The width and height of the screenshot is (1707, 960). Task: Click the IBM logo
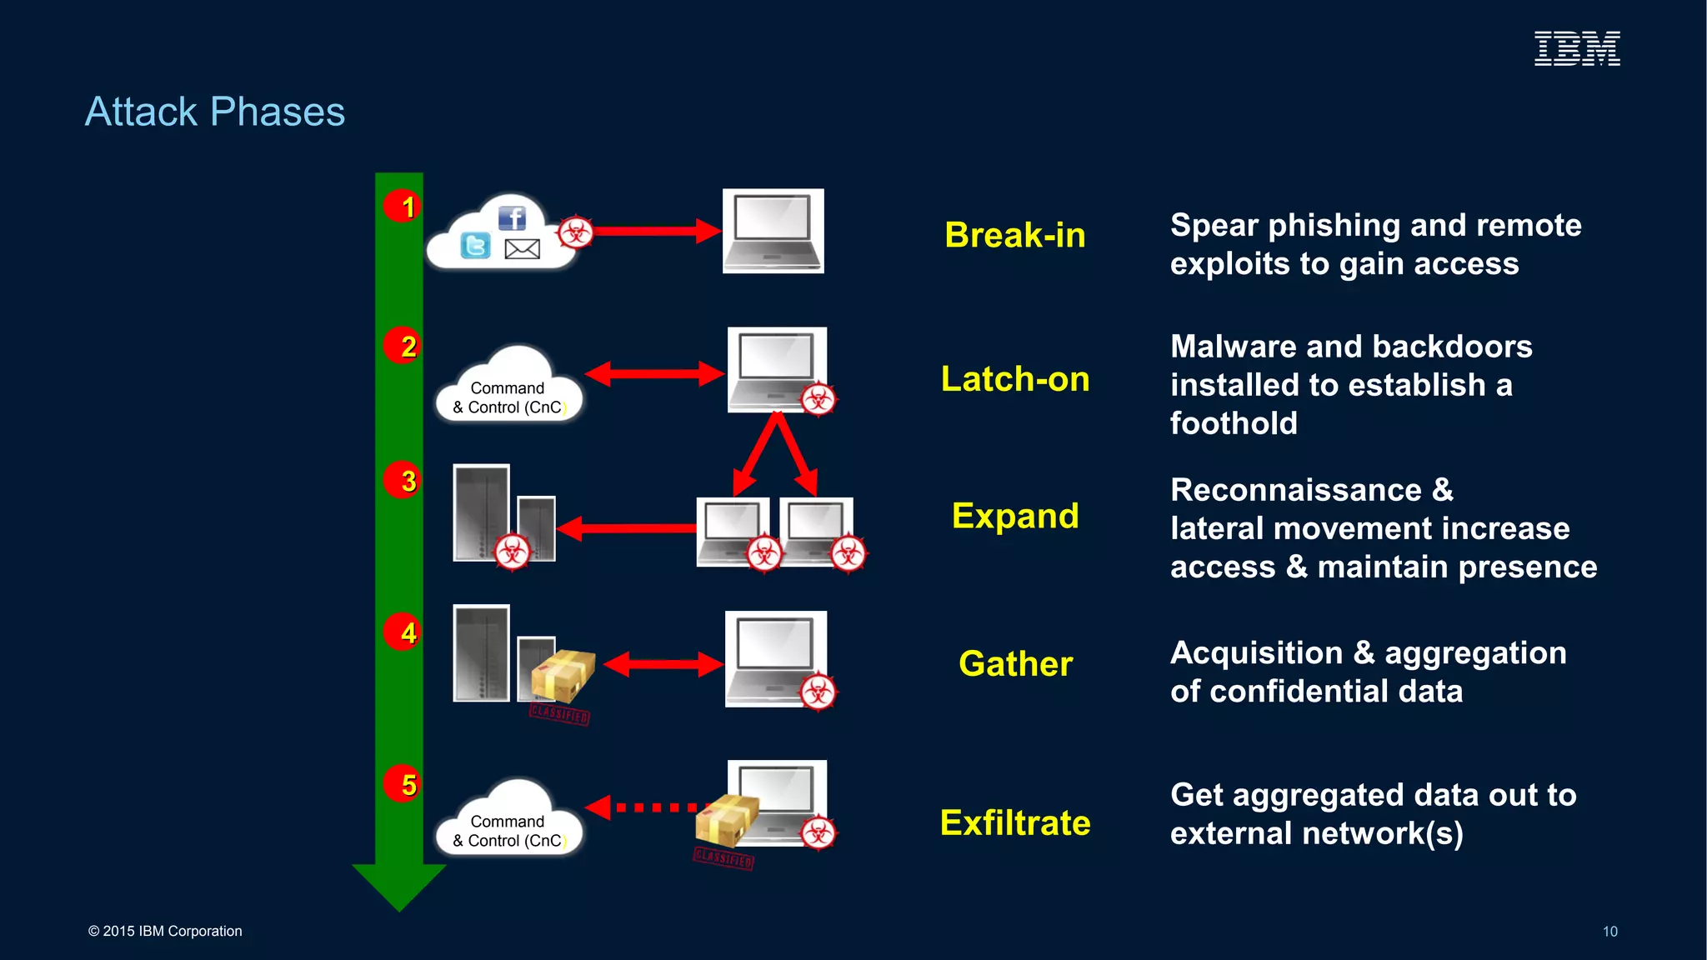pos(1577,48)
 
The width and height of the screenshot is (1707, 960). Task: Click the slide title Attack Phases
pos(215,112)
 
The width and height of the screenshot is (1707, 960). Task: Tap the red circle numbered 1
pos(403,206)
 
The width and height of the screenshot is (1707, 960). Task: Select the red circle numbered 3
pos(403,480)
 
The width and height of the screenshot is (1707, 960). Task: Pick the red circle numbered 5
pos(403,783)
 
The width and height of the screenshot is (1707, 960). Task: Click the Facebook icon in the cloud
pos(512,218)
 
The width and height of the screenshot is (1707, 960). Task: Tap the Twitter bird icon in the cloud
pos(475,246)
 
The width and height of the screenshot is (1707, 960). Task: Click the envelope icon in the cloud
pos(523,248)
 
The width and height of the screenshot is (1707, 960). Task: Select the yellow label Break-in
pos(1014,235)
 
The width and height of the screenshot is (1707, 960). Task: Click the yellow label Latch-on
pos(1014,379)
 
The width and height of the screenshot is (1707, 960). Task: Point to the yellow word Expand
pos(1014,516)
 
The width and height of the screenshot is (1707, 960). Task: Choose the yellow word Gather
pos(1014,664)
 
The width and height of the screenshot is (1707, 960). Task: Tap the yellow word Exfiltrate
pos(1014,822)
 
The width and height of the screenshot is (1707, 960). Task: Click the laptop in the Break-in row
pos(773,231)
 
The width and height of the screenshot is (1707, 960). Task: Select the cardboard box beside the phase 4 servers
pos(563,675)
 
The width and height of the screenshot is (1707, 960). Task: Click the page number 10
pos(1609,932)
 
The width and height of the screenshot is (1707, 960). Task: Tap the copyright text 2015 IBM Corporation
pos(165,932)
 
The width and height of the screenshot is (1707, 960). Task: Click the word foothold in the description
pos(1233,423)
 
